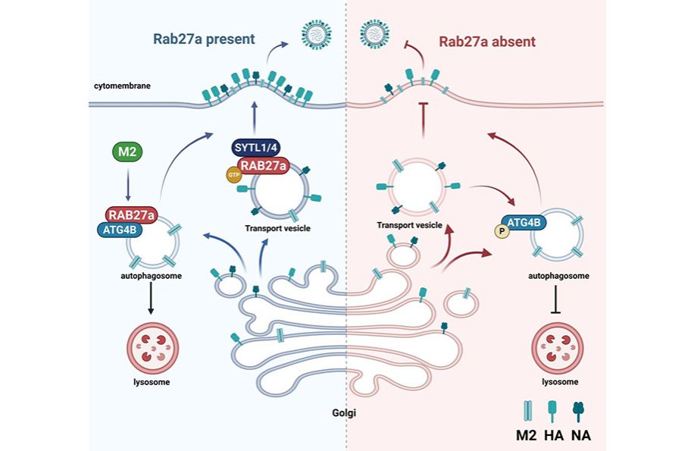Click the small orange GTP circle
(233, 175)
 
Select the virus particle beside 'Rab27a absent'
(374, 33)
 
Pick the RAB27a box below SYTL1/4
(262, 166)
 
